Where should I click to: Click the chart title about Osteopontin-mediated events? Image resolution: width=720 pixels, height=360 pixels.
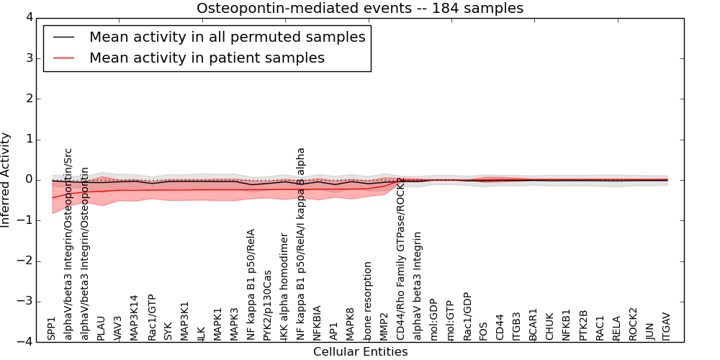click(360, 9)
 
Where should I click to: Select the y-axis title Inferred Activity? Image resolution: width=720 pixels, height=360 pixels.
click(6, 179)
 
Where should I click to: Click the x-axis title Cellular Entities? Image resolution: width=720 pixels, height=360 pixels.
click(360, 352)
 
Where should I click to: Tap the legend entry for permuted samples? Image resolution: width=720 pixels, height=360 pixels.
click(227, 37)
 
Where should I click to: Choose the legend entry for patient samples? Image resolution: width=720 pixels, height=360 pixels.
click(207, 58)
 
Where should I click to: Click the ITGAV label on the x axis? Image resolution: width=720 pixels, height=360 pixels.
click(667, 325)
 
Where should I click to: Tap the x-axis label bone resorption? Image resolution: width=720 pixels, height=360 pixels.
click(369, 301)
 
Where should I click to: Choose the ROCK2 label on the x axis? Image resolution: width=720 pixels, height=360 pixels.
click(634, 323)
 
